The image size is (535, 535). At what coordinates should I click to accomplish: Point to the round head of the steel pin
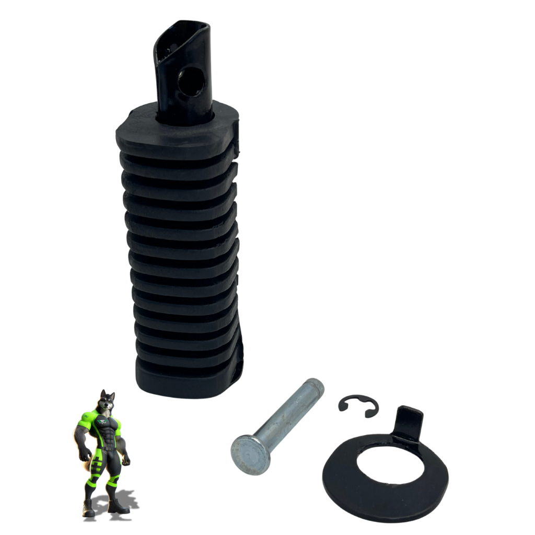[250, 456]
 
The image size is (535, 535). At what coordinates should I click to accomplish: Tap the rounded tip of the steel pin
[315, 387]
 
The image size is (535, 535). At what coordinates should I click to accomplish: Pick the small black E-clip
[358, 405]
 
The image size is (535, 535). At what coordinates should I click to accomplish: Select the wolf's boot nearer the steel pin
[119, 506]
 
